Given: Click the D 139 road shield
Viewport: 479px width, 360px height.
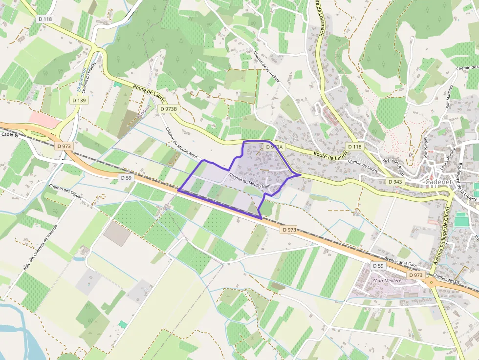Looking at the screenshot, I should (79, 100).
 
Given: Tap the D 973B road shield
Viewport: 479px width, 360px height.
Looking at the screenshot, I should (168, 109).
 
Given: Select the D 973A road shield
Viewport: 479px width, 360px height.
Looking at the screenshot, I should (274, 147).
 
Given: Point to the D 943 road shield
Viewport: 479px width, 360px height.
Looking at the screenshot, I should (395, 182).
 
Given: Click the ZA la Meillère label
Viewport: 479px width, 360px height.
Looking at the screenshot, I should (387, 280).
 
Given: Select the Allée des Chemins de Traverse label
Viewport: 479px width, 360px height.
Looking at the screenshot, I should (41, 247).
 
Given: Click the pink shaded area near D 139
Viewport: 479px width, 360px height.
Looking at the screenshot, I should (43, 118).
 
